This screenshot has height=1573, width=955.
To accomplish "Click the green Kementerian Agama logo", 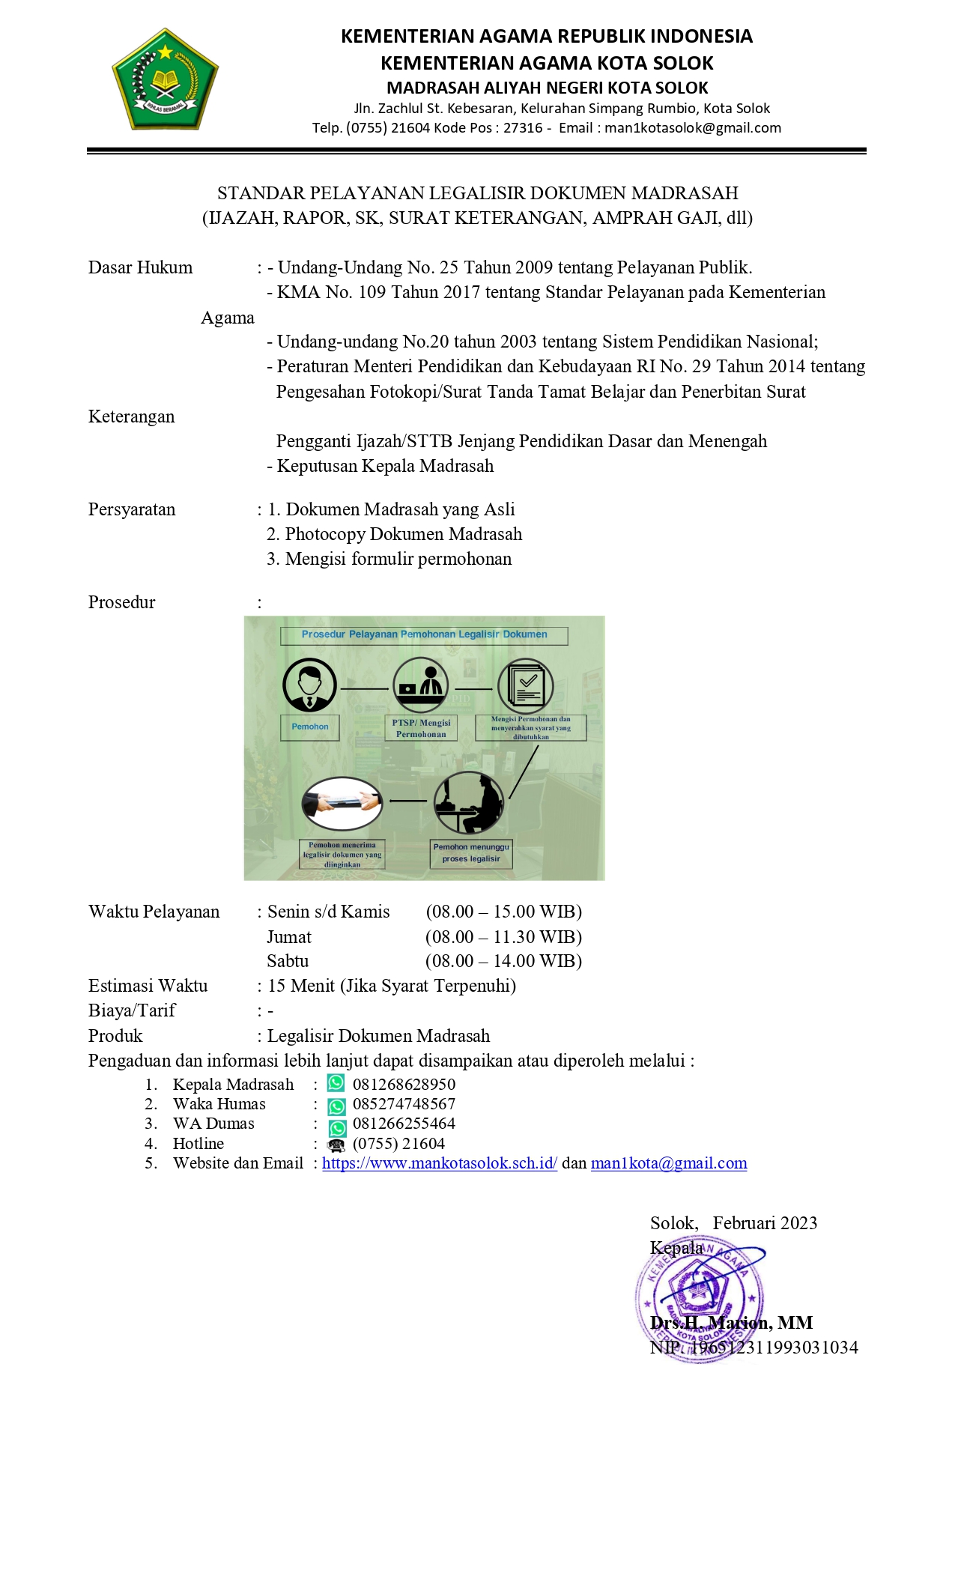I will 165,79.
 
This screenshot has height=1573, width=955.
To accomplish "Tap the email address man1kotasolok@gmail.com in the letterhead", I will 693,128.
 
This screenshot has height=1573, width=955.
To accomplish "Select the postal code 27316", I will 523,128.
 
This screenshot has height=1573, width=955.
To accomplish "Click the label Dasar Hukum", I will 140,268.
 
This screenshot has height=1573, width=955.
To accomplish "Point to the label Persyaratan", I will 132,510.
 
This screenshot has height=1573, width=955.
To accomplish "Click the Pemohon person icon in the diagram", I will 309,685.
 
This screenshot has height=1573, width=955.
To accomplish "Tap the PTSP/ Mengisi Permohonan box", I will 421,728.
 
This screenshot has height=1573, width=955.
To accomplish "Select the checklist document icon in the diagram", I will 526,685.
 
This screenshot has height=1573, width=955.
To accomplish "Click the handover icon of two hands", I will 342,803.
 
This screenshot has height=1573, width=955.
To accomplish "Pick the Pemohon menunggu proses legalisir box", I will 471,853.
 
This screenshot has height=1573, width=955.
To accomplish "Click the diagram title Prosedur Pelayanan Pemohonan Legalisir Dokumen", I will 424,635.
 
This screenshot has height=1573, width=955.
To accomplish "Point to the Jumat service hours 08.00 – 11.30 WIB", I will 503,937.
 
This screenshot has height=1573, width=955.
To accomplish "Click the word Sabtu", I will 288,962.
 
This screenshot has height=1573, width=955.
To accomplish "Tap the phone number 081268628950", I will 404,1085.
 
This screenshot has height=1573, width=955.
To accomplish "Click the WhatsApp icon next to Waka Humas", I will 337,1106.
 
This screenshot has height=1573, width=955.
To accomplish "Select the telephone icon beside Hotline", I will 336,1145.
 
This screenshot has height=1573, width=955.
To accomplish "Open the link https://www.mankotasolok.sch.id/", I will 440,1164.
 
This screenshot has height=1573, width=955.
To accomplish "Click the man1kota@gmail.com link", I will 669,1164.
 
